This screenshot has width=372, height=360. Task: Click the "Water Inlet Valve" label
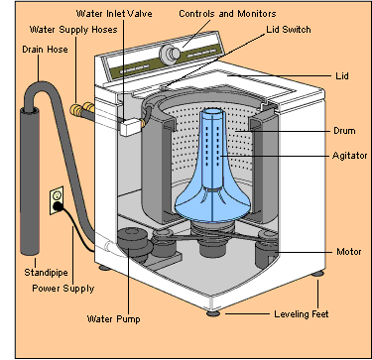pos(114,14)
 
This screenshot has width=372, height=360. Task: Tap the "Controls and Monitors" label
pos(227,14)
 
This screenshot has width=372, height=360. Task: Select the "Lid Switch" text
pos(289,30)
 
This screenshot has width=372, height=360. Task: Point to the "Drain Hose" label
pos(45,50)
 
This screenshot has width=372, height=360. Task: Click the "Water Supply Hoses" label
pos(73,30)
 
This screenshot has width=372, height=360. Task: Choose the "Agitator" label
pos(349,156)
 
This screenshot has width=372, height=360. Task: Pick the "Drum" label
pos(344,131)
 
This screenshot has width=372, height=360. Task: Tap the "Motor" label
pos(349,252)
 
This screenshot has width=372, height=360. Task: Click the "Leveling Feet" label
pos(302,313)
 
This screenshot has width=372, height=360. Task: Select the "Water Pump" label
pos(113,319)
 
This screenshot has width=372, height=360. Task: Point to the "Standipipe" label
pos(46,273)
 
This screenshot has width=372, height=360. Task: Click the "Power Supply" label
pos(63,289)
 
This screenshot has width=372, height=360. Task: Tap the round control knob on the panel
pos(170,54)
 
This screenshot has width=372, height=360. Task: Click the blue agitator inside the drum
pos(211,172)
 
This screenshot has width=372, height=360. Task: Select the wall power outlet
pos(57,200)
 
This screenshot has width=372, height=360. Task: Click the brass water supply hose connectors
pos(82,109)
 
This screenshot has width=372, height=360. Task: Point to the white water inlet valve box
pos(131,127)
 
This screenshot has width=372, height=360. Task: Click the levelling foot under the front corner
pos(213,313)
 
